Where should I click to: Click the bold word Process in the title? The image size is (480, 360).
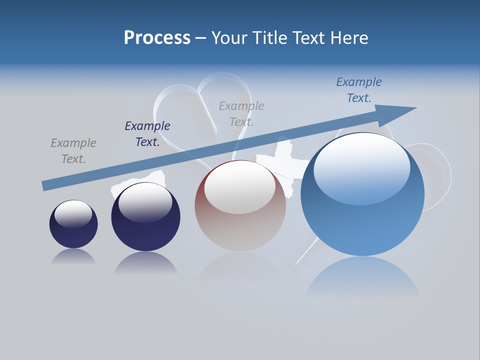point(157,38)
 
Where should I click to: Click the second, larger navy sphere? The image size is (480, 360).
point(145,230)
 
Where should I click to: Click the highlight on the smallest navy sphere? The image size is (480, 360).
point(73,213)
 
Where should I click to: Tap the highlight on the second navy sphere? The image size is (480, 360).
point(145,202)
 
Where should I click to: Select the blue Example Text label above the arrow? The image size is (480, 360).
point(359,90)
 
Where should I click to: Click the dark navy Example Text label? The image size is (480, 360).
point(147,134)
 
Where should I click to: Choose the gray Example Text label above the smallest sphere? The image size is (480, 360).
point(73,151)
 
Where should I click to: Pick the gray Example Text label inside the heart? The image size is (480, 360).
point(241,114)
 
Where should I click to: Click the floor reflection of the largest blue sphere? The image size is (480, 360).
point(362,277)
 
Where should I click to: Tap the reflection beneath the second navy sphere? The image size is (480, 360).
point(145,262)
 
